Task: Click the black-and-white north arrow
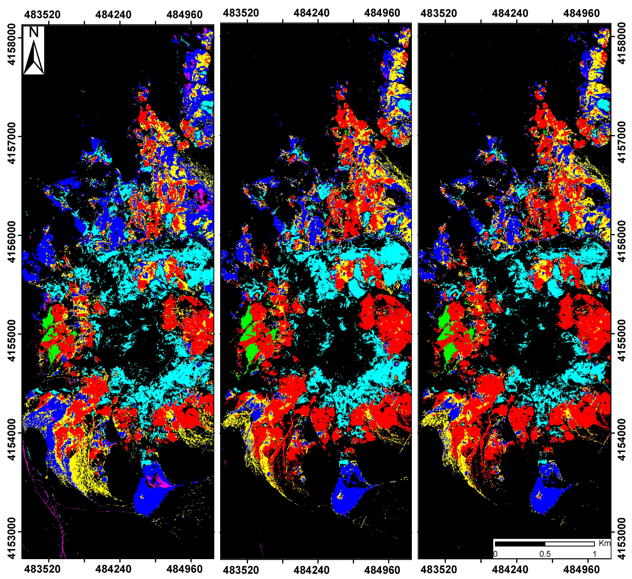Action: click(x=34, y=58)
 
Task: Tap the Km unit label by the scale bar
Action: click(x=604, y=543)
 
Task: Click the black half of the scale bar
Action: click(x=520, y=544)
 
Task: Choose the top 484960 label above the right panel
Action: click(x=581, y=13)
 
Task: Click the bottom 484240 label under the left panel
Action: click(x=114, y=569)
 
